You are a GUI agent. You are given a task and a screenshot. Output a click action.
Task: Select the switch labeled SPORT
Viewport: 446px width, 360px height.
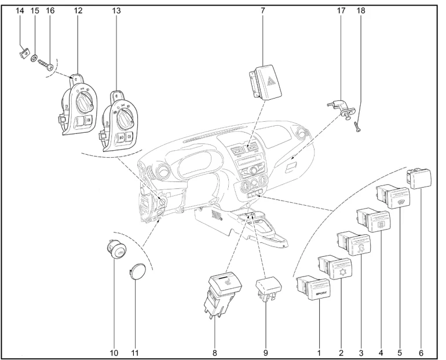click(x=314, y=288)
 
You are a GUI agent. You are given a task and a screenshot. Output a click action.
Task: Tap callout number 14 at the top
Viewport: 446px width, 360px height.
click(x=20, y=11)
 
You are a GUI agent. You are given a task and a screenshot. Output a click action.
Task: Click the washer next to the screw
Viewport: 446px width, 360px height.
click(x=34, y=58)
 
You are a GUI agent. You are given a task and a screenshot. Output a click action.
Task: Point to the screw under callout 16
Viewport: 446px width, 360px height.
click(x=46, y=64)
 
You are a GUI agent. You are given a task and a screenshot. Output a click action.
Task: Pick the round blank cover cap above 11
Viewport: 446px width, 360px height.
click(x=136, y=271)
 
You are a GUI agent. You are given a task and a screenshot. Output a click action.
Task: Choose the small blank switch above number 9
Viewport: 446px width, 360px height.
click(x=269, y=287)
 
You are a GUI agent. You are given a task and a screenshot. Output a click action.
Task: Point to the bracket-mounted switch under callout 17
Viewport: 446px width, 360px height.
click(x=341, y=109)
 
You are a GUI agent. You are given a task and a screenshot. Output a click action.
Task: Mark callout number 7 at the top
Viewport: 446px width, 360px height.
click(x=262, y=11)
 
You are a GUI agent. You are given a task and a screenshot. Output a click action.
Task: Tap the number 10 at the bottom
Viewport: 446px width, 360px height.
click(x=114, y=353)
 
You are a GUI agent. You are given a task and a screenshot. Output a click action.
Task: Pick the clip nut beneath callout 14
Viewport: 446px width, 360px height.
click(x=25, y=53)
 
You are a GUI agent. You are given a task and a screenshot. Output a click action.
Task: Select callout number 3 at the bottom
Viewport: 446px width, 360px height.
click(x=361, y=353)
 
